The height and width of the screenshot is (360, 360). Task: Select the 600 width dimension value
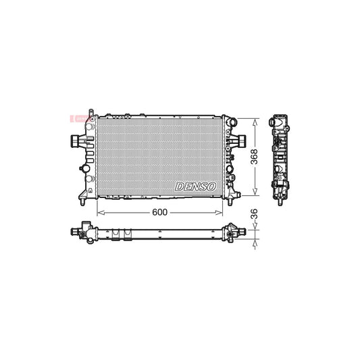159,211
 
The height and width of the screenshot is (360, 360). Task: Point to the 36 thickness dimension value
254,214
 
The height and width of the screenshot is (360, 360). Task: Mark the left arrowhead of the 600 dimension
100,211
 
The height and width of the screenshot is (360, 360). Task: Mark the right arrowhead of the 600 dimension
227,211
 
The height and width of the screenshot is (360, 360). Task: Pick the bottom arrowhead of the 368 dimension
254,193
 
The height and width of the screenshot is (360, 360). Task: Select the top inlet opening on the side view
278,122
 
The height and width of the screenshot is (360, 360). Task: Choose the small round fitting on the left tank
84,168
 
